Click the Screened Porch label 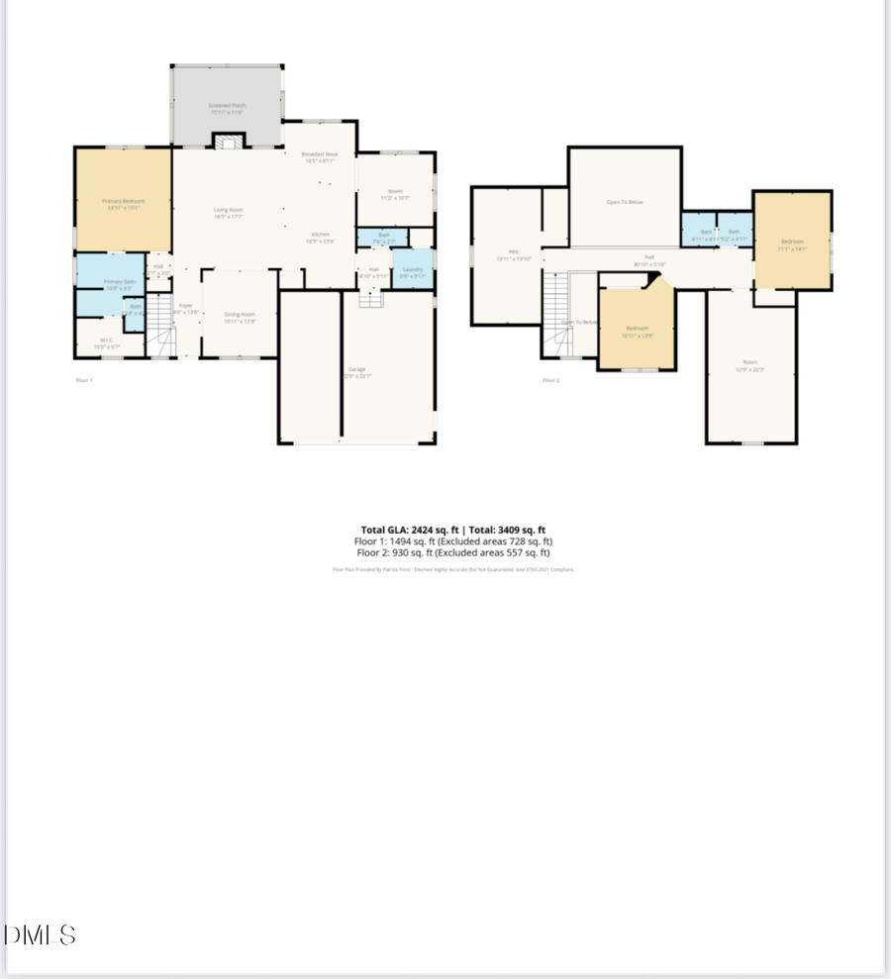click(227, 107)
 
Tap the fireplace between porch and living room click(230, 143)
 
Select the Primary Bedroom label click(124, 205)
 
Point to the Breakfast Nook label click(318, 156)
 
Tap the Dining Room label click(240, 317)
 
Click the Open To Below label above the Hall click(625, 203)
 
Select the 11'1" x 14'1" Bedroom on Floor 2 click(792, 244)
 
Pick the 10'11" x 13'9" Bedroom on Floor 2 click(637, 331)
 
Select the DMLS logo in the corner click(40, 934)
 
